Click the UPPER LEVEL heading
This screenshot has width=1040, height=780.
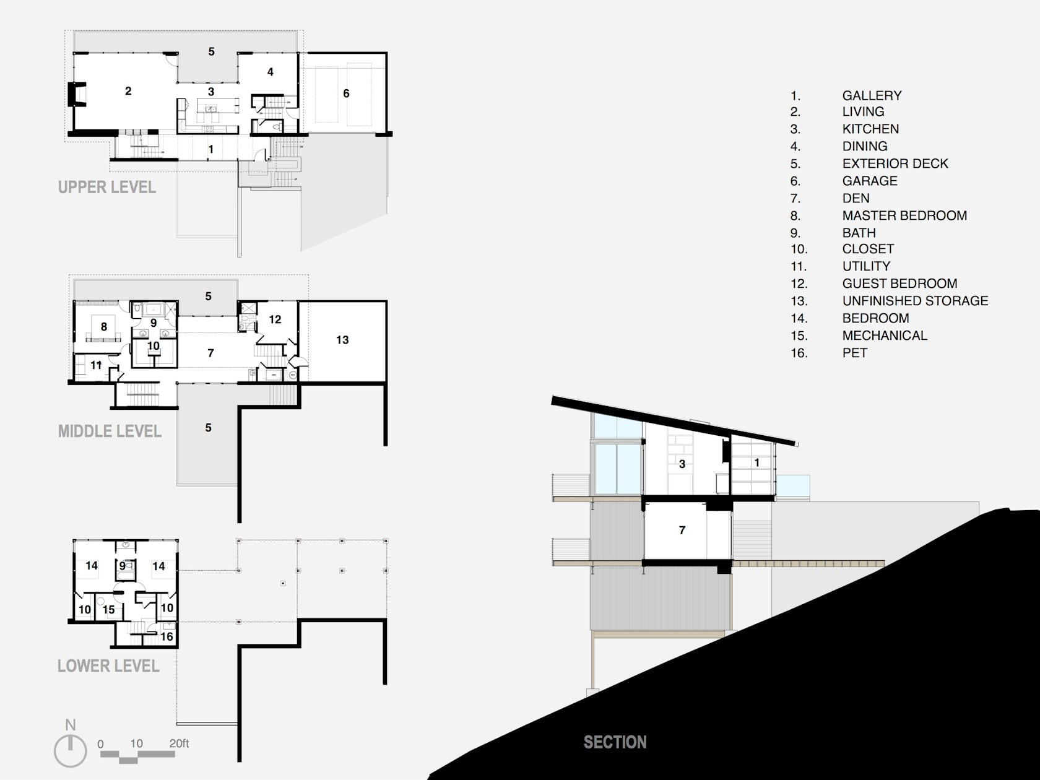pyautogui.click(x=106, y=187)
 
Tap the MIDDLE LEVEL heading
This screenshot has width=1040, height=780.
pyautogui.click(x=110, y=431)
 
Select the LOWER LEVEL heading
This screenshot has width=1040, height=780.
pyautogui.click(x=108, y=666)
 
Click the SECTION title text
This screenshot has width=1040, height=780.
pyautogui.click(x=615, y=742)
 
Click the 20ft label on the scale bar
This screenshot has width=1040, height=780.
pyautogui.click(x=179, y=743)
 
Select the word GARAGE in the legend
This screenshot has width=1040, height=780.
pyautogui.click(x=869, y=181)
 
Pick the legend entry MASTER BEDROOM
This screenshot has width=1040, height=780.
pyautogui.click(x=904, y=215)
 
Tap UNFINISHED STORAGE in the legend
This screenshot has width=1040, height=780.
pyautogui.click(x=915, y=301)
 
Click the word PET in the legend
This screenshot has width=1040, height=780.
pyautogui.click(x=855, y=353)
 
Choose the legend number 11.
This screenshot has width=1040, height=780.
pyautogui.click(x=799, y=267)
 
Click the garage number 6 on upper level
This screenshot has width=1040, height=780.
pyautogui.click(x=346, y=93)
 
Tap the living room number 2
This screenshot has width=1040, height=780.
pyautogui.click(x=128, y=91)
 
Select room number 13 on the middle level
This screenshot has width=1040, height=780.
pyautogui.click(x=342, y=340)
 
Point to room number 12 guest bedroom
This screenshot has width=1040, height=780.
pyautogui.click(x=275, y=319)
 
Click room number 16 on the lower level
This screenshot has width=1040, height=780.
pyautogui.click(x=167, y=636)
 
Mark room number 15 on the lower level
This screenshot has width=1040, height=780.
pyautogui.click(x=108, y=610)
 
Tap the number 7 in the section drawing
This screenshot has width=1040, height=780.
pyautogui.click(x=682, y=530)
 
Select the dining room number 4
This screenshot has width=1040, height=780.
pyautogui.click(x=270, y=72)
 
